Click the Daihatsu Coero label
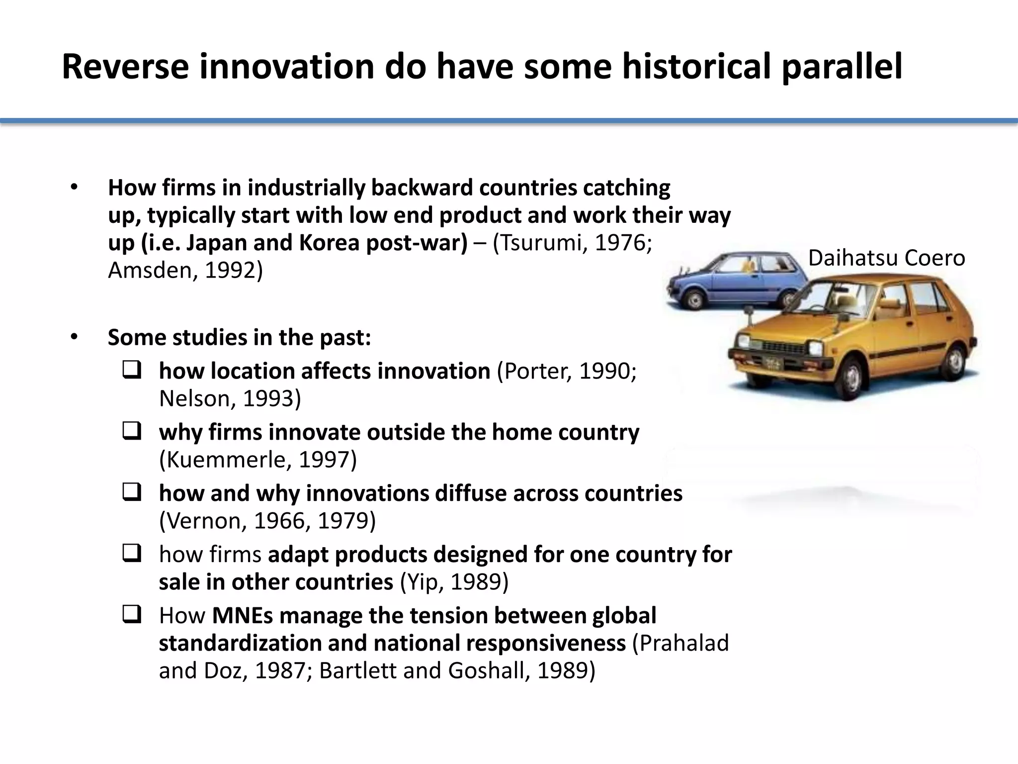point(886,258)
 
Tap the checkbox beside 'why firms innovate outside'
point(131,431)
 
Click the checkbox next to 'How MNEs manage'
point(131,615)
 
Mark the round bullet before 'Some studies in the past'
point(74,337)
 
